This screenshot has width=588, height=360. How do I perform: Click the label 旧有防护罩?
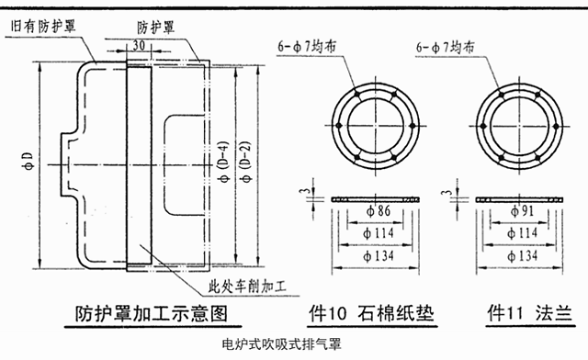(43, 27)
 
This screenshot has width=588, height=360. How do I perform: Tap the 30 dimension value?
(139, 45)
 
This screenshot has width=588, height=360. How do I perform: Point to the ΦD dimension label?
(28, 162)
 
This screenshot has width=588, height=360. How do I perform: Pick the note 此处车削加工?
(247, 287)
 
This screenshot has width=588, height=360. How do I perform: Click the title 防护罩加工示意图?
(152, 314)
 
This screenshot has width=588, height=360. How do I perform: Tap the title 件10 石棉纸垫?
(371, 313)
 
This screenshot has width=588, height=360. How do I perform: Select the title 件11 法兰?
(530, 313)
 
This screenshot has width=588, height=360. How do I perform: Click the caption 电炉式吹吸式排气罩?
(282, 343)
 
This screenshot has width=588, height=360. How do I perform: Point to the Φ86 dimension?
(379, 211)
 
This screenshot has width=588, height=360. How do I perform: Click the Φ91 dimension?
(522, 211)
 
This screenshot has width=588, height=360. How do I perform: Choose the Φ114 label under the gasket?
(379, 233)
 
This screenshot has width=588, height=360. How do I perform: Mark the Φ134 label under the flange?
(523, 256)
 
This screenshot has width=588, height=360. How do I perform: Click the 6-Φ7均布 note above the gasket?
(307, 47)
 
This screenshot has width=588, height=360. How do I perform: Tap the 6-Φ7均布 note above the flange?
(445, 47)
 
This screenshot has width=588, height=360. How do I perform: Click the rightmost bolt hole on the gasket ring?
(413, 126)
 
